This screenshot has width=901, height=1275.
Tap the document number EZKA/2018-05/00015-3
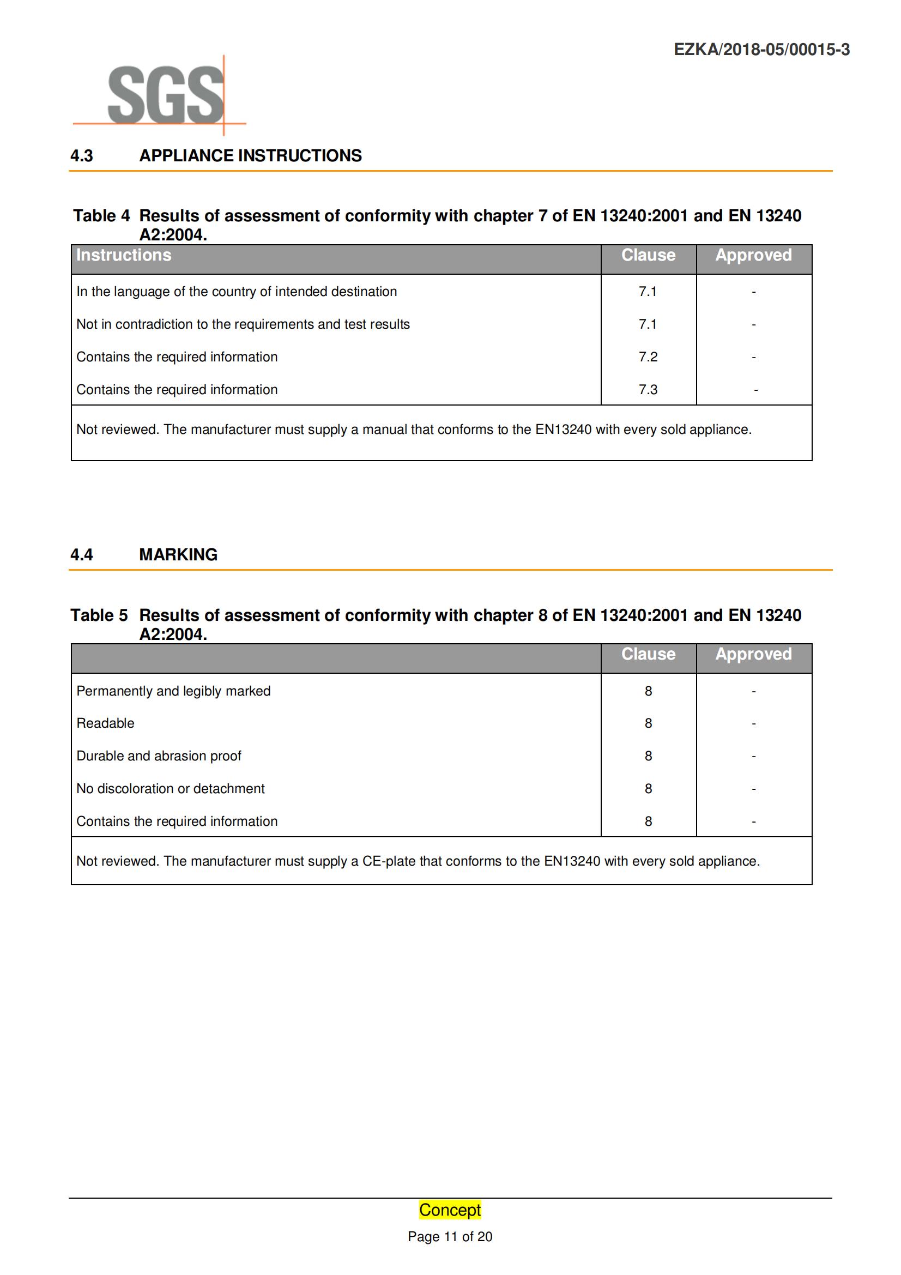(x=761, y=50)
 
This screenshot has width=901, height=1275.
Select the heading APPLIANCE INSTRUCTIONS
(x=250, y=155)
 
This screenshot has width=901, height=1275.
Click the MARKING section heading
(x=178, y=554)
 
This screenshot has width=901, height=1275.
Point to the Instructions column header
(x=124, y=255)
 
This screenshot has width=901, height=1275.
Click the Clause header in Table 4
(x=648, y=255)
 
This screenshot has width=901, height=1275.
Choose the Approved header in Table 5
(x=753, y=654)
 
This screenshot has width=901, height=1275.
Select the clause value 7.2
(x=648, y=356)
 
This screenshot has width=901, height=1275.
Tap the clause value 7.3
(x=648, y=389)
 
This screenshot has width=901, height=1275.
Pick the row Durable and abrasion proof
(x=159, y=756)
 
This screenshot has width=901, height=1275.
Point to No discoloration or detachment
(x=171, y=789)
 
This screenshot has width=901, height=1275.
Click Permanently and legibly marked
(x=173, y=691)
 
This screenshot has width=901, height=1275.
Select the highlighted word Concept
(x=450, y=1210)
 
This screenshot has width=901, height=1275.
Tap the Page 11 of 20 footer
(x=450, y=1237)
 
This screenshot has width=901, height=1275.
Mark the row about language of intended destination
(x=237, y=292)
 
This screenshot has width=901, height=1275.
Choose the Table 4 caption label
(x=101, y=215)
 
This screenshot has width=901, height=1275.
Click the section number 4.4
(x=82, y=554)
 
